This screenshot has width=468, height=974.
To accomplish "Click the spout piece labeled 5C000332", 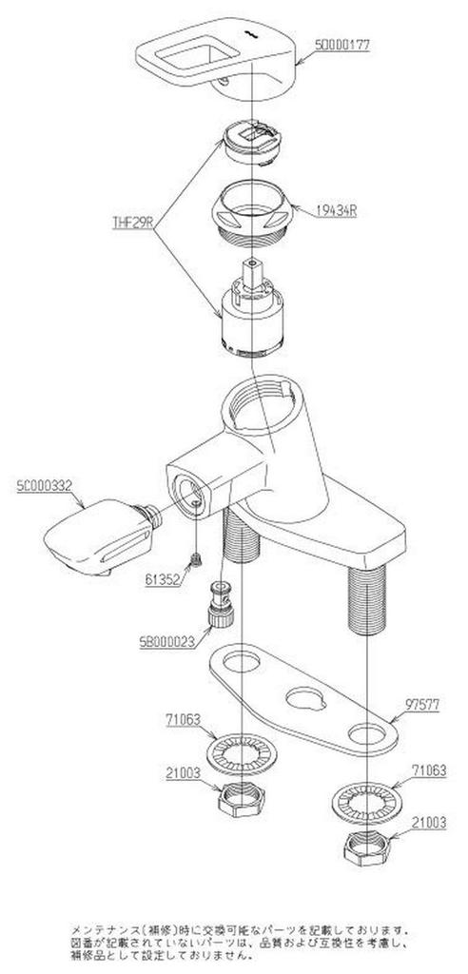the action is click(x=95, y=536).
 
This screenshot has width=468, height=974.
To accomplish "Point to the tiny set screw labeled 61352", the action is click(x=196, y=561).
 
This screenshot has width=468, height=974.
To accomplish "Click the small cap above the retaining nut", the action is click(x=251, y=143).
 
